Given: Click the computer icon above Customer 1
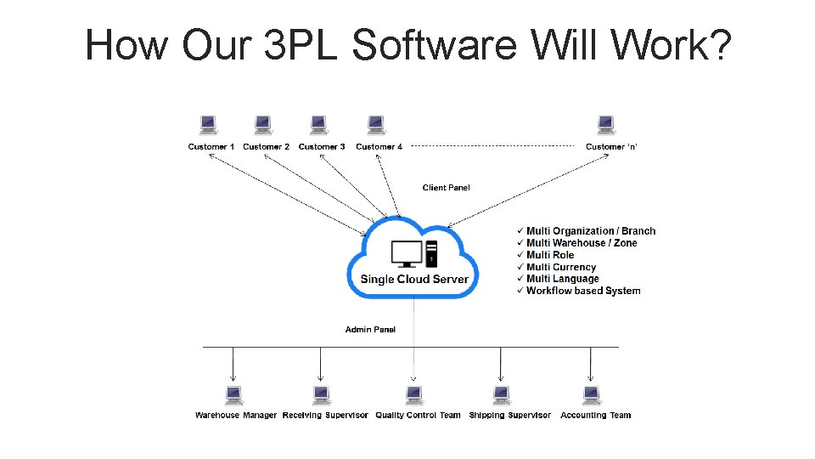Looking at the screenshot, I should (x=208, y=126).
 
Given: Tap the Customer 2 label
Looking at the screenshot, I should (x=266, y=147).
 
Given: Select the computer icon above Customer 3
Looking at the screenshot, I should (x=318, y=126).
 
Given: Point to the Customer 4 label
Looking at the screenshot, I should (x=379, y=147).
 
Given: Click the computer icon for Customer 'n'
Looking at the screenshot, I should (x=605, y=126).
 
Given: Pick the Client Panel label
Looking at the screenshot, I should (x=446, y=188).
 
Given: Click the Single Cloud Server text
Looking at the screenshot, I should (x=414, y=280).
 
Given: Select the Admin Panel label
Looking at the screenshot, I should (x=370, y=330).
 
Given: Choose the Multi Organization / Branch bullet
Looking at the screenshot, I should (x=591, y=231).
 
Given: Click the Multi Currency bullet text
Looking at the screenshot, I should (x=561, y=267).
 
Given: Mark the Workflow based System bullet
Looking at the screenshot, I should (x=583, y=291).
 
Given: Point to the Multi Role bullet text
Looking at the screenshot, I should (x=550, y=255).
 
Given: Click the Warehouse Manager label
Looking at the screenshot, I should (x=236, y=416).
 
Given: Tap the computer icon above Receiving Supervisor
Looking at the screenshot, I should (x=321, y=395).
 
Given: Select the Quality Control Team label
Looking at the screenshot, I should (x=418, y=416).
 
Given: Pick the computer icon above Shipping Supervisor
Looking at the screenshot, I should (x=502, y=395).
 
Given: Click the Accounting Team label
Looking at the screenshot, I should (x=596, y=416).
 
